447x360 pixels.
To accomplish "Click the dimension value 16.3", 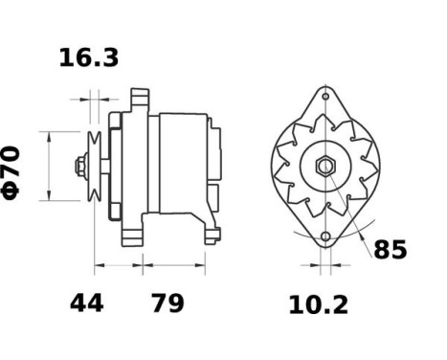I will tap(89, 58).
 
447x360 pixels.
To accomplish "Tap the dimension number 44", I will tap(86, 304).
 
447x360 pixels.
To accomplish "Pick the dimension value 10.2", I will tap(319, 305).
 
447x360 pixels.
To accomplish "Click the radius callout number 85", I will tap(390, 251).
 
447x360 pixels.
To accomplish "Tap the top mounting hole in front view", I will tap(326, 99).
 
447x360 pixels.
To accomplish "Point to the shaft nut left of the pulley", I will tap(79, 167).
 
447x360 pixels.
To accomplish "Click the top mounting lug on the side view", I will tap(140, 99).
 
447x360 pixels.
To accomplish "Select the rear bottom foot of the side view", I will tap(209, 230).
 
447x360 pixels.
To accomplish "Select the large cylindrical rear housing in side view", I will tap(185, 163).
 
